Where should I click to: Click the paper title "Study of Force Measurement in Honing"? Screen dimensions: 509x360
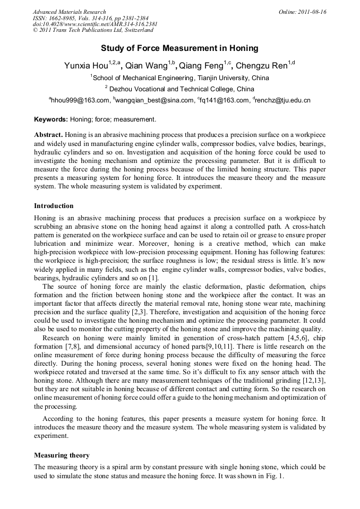179,48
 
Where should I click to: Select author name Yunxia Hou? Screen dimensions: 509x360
85,66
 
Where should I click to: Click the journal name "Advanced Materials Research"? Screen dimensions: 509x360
69,12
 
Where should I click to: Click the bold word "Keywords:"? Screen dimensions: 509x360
51,119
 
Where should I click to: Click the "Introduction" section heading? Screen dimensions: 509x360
54,205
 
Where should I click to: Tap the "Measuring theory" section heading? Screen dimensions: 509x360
62,455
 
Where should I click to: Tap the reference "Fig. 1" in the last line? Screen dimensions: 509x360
274,476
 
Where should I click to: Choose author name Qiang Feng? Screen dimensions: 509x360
201,66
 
